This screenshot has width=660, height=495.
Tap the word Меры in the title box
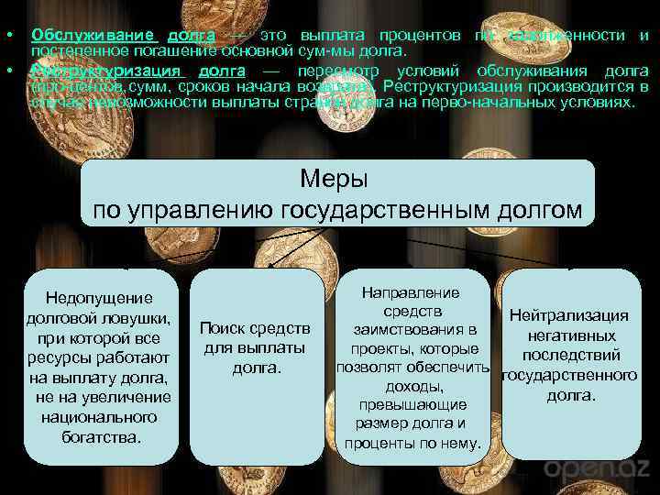click(x=336, y=177)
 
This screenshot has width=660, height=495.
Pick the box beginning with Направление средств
click(x=412, y=367)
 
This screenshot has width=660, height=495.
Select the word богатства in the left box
click(x=100, y=436)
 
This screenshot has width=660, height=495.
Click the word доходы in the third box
click(x=412, y=387)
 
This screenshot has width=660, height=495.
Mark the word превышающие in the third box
click(x=412, y=404)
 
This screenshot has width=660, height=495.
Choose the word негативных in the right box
click(x=570, y=335)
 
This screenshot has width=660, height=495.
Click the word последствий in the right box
click(x=570, y=355)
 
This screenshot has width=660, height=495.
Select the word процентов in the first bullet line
click(x=416, y=35)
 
